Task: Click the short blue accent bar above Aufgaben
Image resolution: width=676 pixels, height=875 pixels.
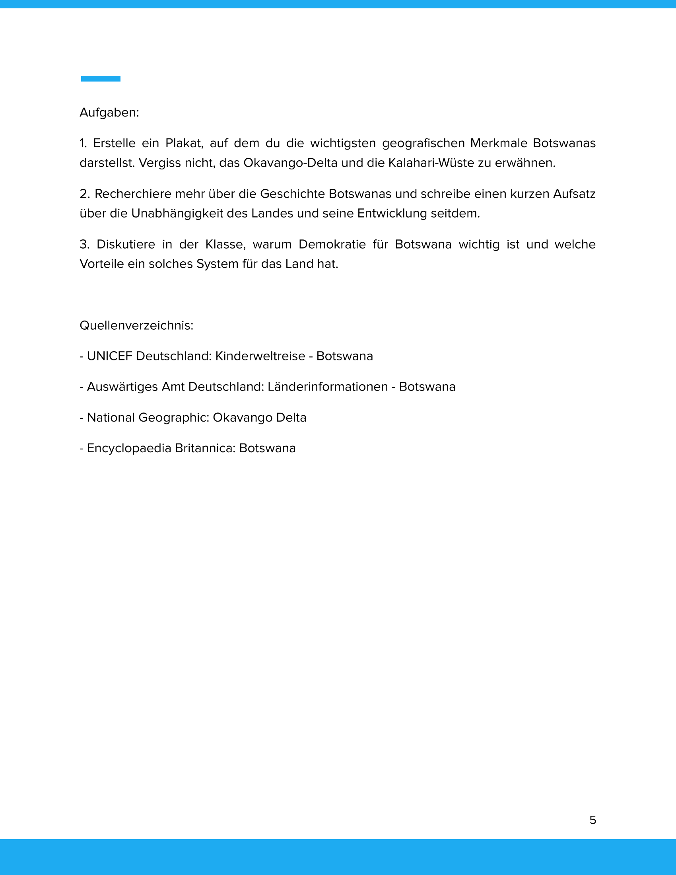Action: tap(101, 78)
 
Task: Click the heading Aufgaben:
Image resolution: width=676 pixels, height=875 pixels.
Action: tap(109, 113)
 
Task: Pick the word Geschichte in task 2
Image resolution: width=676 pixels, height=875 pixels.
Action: tap(292, 194)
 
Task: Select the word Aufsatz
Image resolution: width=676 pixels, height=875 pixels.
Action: tap(574, 194)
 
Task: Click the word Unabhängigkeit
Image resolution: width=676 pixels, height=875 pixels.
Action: tap(177, 214)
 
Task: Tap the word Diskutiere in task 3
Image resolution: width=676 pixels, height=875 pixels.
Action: tap(125, 244)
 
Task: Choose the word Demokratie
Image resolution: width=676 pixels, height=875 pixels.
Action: tap(332, 244)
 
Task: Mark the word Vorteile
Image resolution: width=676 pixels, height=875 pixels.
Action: tap(102, 264)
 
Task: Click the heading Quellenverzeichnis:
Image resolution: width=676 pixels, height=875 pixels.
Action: tap(136, 325)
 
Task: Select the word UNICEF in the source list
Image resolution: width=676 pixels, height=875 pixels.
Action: tap(109, 356)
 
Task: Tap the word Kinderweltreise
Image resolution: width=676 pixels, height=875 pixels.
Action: tap(260, 356)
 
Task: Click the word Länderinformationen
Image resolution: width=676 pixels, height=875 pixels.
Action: tap(328, 387)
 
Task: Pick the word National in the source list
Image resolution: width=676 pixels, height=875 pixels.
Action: tap(111, 418)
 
